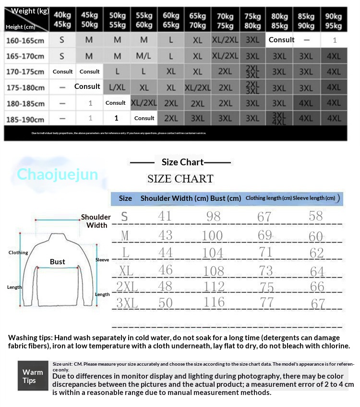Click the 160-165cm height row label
click(25, 40)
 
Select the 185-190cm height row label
click(25, 120)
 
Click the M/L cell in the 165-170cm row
click(144, 56)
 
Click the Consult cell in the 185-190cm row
click(144, 118)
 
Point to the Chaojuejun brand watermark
click(57, 174)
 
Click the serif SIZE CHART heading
click(180, 179)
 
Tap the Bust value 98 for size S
click(213, 217)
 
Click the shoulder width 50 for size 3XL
click(165, 303)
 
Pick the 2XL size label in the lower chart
click(127, 287)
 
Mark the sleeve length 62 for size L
click(317, 253)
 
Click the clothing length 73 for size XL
click(265, 271)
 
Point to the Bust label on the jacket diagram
click(58, 262)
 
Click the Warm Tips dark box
click(33, 376)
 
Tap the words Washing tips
click(30, 337)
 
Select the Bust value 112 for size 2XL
click(213, 287)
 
